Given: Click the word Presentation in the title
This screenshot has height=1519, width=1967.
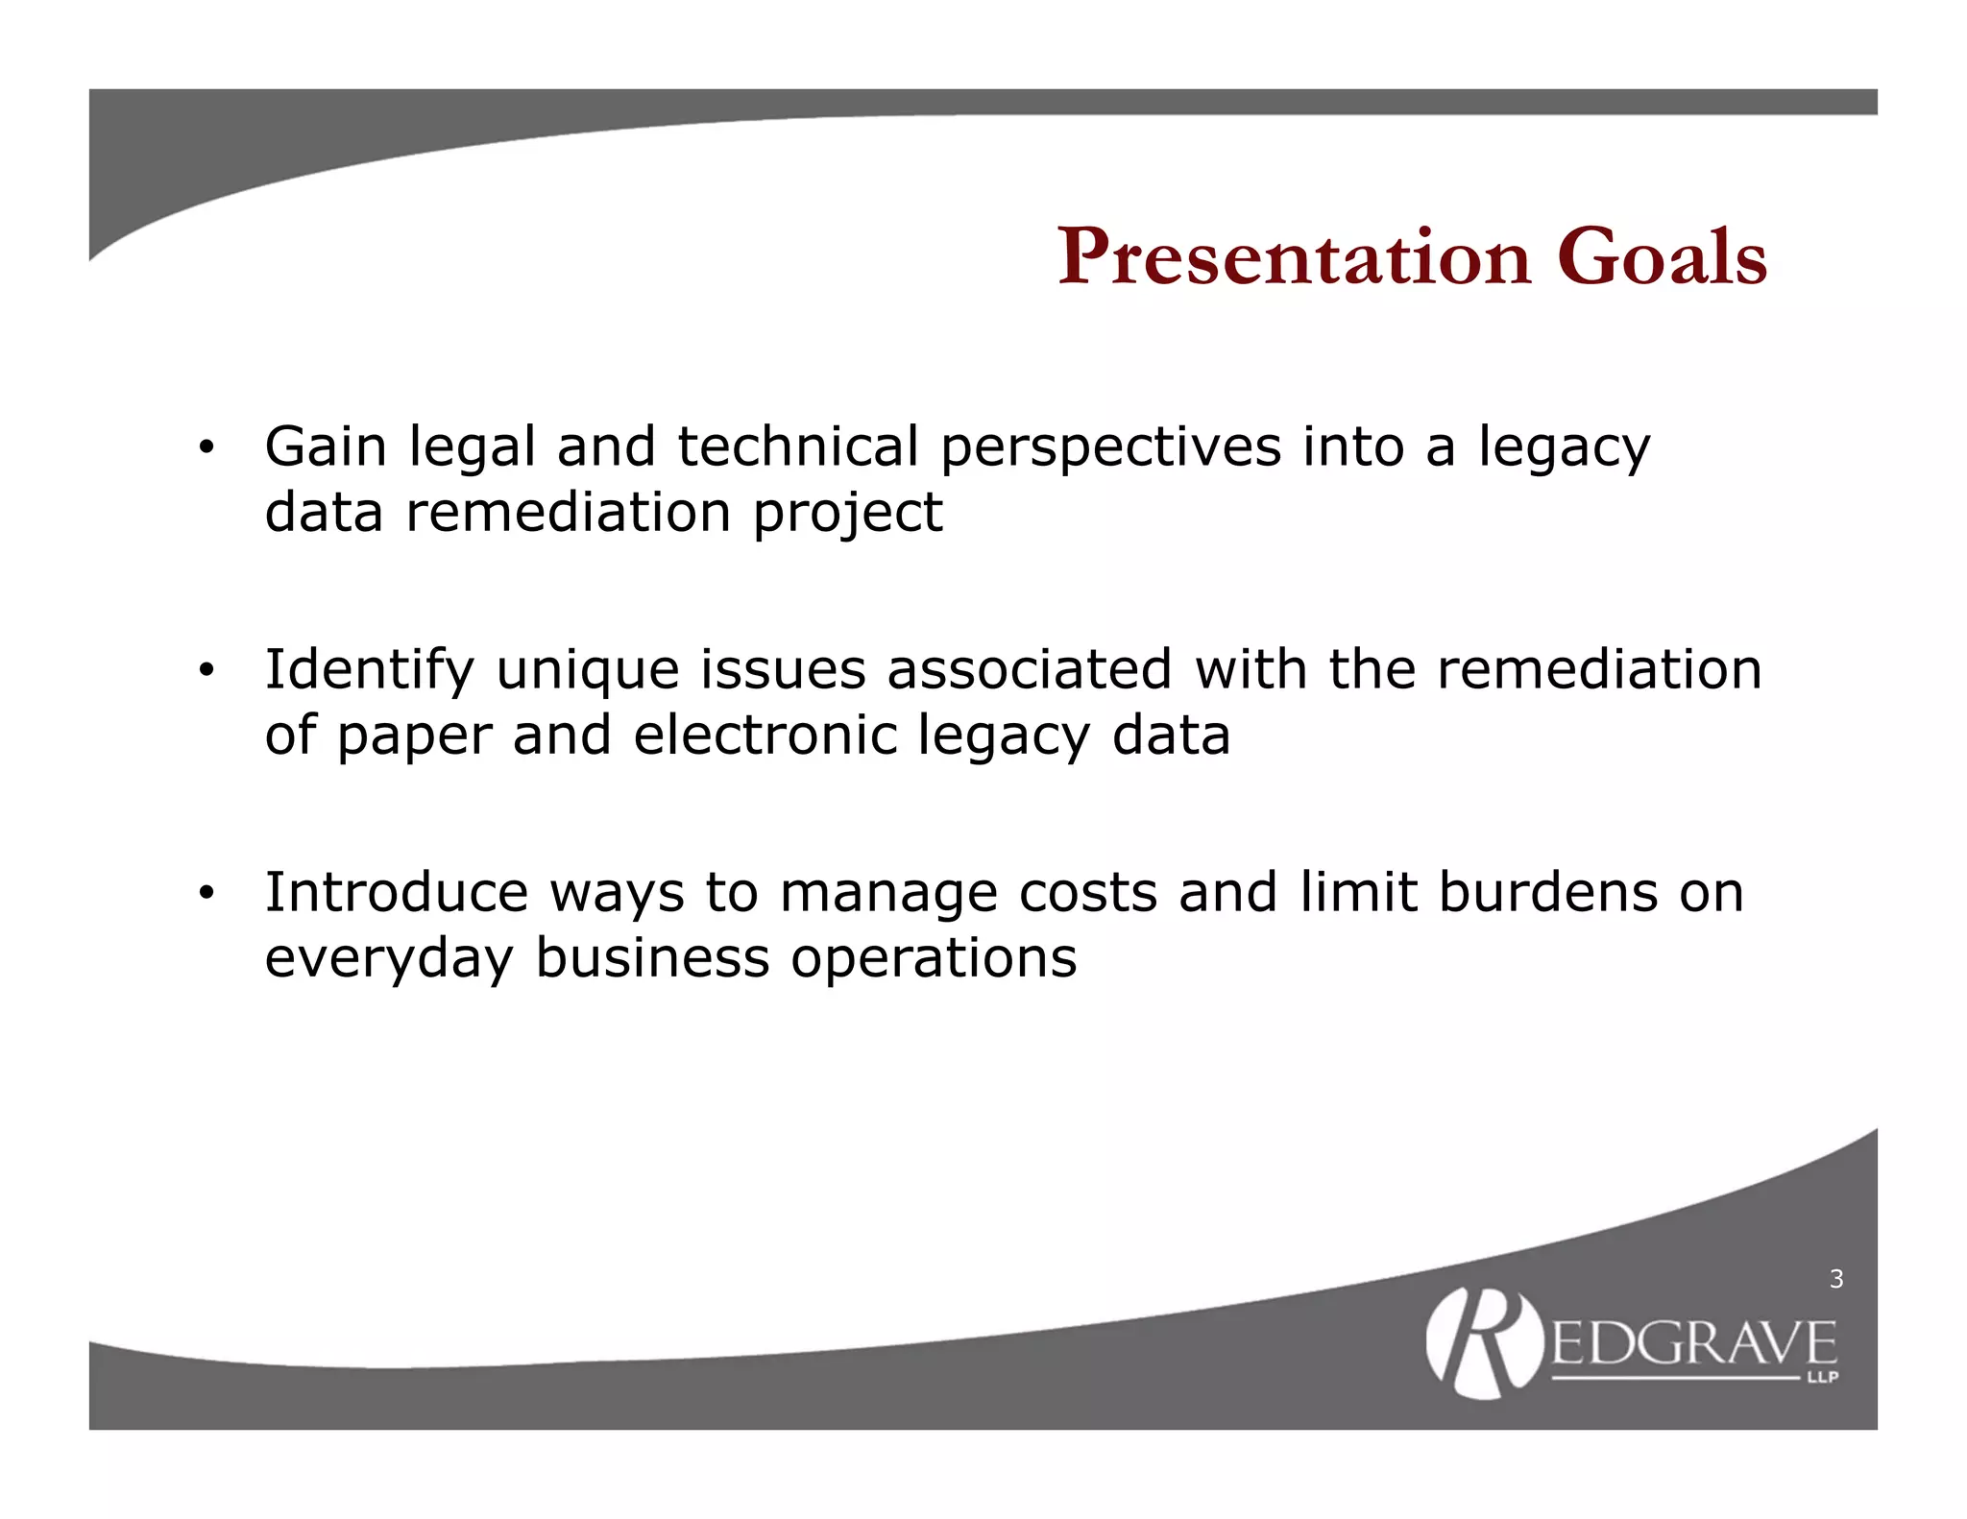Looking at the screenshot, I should (1294, 257).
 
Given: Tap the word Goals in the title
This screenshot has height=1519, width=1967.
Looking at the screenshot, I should (1662, 257).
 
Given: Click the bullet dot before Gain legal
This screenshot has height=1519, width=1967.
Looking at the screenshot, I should (205, 448).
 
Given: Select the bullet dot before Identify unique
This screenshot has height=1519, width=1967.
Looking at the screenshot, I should (205, 671).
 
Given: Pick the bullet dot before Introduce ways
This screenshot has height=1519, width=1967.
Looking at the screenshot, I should (205, 894).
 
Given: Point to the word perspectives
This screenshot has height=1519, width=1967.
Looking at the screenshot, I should (1110, 449).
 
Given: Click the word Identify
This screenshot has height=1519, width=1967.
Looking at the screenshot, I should (369, 671).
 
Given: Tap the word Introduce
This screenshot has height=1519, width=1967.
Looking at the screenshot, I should (396, 892).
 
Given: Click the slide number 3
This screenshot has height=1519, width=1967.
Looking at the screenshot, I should (1836, 1279).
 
